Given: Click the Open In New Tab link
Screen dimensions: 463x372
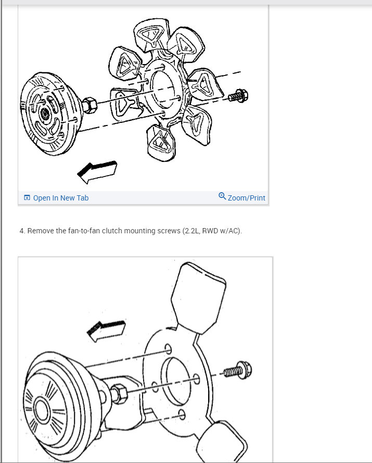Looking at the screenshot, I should (x=60, y=198).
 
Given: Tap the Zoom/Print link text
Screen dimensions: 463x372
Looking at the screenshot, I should (x=246, y=198).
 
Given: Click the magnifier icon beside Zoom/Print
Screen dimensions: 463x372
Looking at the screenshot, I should (x=222, y=197).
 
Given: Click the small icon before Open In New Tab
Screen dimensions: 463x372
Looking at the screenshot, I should (x=27, y=198).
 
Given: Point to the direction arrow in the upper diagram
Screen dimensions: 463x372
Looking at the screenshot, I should (x=97, y=171).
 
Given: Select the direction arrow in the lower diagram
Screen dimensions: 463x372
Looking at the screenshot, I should (x=107, y=330).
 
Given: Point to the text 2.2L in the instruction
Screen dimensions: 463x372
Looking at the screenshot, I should (x=191, y=231).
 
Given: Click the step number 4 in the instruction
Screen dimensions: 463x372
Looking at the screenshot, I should (x=22, y=231).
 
